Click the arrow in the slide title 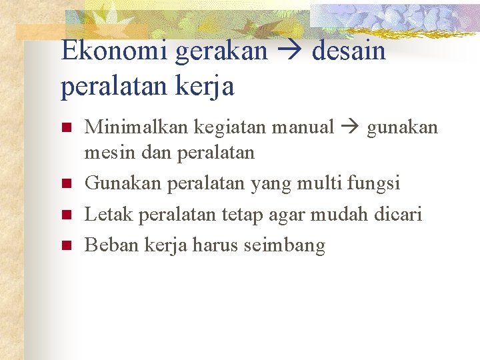coord(291,51)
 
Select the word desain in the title coord(349,51)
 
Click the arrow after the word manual coord(351,127)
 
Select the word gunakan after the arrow coord(402,127)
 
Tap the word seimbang coord(285,246)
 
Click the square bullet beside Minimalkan coord(65,127)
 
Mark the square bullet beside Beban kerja coord(65,245)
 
